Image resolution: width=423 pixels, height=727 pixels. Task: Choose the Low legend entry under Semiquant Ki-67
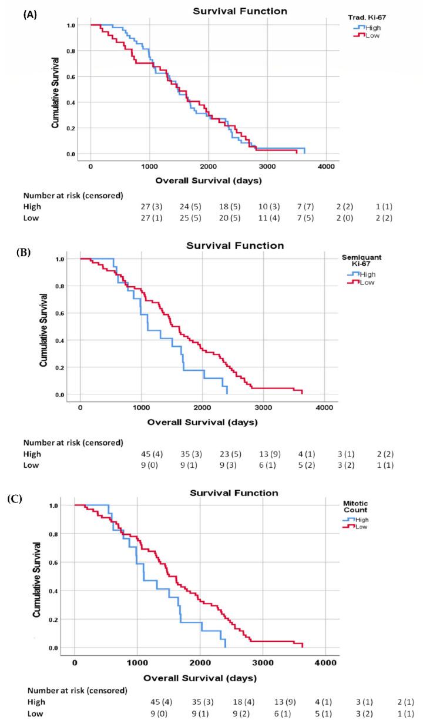pyautogui.click(x=365, y=282)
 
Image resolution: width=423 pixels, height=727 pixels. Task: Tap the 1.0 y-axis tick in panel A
pyautogui.click(x=70, y=25)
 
